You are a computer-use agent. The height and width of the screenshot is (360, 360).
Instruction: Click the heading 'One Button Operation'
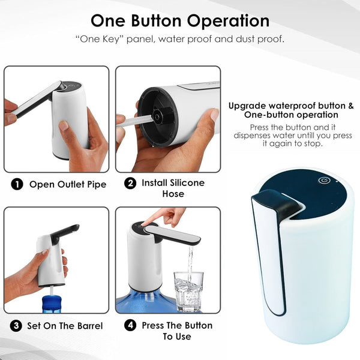point(180,20)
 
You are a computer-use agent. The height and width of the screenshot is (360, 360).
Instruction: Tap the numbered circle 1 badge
point(17,184)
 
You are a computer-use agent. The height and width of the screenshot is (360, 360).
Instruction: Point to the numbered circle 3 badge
point(17,326)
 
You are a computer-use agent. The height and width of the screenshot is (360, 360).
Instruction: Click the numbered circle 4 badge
point(130,326)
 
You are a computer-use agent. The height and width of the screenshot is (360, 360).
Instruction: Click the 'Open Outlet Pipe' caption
point(68,184)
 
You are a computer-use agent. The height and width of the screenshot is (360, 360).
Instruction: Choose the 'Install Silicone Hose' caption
point(173,188)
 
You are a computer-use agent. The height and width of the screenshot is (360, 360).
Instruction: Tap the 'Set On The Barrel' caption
point(65,326)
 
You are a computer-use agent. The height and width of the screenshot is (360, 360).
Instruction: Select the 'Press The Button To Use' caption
point(177,331)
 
